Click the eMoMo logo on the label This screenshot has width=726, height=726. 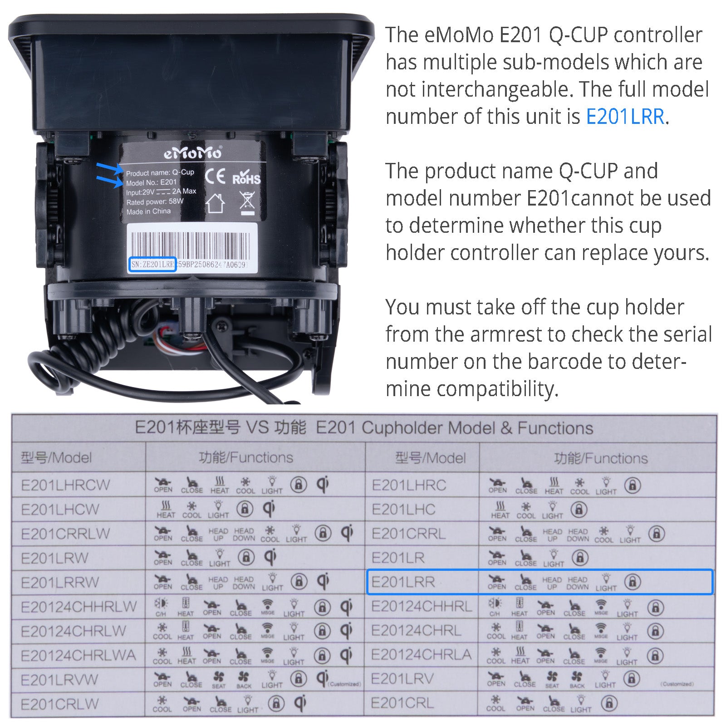coord(193,153)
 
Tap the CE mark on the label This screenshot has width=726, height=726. coord(215,176)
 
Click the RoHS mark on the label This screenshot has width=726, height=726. coord(246,177)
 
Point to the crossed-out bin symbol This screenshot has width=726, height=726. coord(247,202)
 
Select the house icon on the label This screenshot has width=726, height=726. coord(215,203)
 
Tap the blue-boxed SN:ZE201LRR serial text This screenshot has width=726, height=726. coord(152,265)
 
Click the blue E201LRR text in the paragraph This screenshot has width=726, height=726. coord(625,117)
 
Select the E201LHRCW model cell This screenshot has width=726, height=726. coord(65,485)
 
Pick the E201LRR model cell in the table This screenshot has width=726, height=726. coord(403,582)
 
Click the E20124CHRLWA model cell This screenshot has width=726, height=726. coord(78,655)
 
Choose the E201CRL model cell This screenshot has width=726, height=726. coord(402,703)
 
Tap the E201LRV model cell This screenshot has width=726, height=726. coord(402,679)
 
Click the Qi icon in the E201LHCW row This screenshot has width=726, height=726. coord(269,509)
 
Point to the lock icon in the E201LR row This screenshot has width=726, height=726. coord(580,558)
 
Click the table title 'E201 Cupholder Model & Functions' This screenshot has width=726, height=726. coord(454,428)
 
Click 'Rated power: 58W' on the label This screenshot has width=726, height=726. coord(155,202)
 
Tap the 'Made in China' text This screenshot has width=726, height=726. coord(148,211)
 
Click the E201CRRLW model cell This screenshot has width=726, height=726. coord(65,534)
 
